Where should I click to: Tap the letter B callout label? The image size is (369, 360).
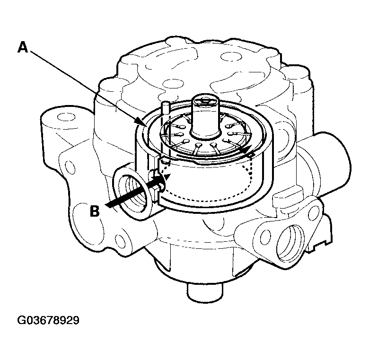pos(95,211)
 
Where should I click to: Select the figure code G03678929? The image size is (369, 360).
pos(48,320)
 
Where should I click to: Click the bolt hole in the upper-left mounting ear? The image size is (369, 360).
pos(62,117)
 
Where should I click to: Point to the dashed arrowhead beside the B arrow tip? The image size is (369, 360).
pos(167,177)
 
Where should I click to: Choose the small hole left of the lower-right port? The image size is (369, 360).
pos(265,237)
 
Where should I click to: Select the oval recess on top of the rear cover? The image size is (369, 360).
pos(231,56)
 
